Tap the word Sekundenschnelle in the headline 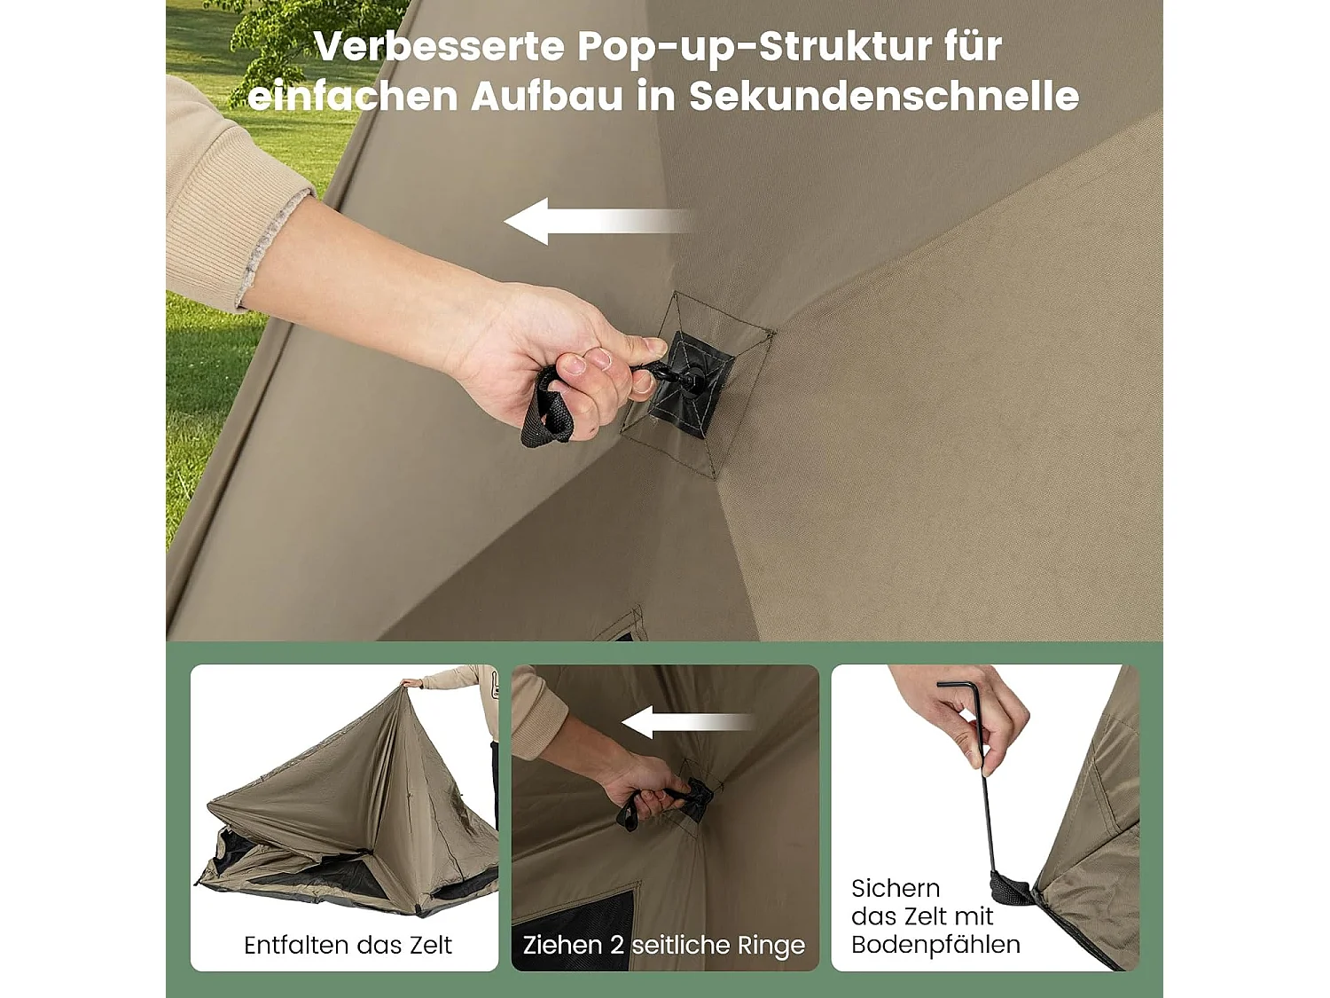pos(883,96)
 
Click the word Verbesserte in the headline pos(439,47)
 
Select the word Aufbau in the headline pos(546,96)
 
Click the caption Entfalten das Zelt pos(348,945)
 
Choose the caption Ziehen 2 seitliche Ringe pos(663,945)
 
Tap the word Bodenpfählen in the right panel pos(935,944)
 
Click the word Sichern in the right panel pos(896,888)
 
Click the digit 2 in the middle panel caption pos(617,945)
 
